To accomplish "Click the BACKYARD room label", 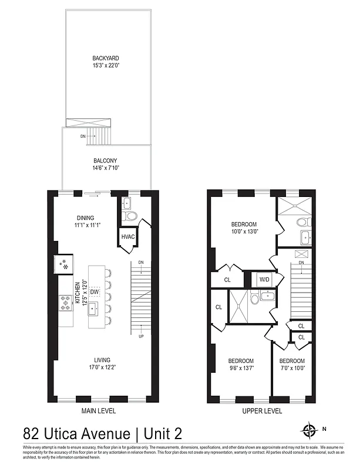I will tap(106, 58).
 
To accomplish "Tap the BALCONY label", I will tap(106, 161).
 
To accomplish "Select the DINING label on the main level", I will tap(85, 217).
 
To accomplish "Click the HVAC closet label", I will tap(128, 237).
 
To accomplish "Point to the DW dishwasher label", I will tap(95, 291).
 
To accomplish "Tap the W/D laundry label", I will tap(265, 279).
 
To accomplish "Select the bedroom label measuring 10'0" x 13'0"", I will tap(243, 225).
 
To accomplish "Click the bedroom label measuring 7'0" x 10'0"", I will tap(292, 361).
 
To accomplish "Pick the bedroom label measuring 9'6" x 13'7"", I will tap(241, 361).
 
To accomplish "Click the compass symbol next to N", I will tap(308, 431).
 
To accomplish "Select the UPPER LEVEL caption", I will tap(262, 411).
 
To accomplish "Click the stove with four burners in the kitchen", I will tap(64, 303).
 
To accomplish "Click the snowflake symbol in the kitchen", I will tap(65, 267).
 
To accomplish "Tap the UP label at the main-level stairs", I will tap(141, 337).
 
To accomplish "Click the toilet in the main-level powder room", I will tap(132, 216).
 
